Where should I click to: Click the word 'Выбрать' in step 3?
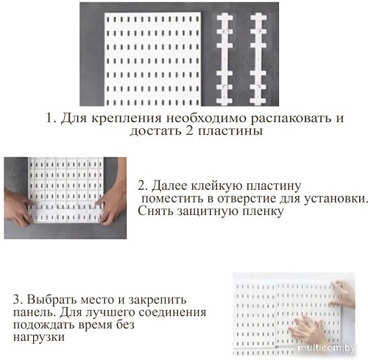tap(50, 300)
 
